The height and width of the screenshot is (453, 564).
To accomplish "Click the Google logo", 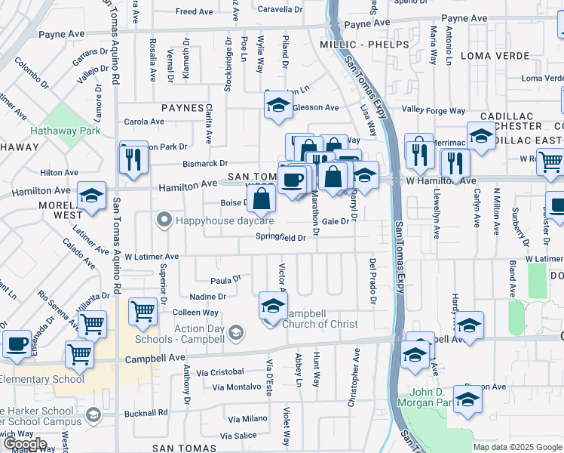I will pyautogui.click(x=25, y=445).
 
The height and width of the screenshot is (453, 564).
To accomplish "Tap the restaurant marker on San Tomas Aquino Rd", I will pyautogui.click(x=133, y=159).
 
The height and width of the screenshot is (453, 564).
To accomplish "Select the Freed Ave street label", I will pyautogui.click(x=194, y=12).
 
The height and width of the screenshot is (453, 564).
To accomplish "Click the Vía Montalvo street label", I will pyautogui.click(x=236, y=387).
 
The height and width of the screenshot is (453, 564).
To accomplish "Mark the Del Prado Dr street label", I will pyautogui.click(x=372, y=281).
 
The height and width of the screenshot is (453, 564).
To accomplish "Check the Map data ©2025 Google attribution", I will pyautogui.click(x=518, y=446).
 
